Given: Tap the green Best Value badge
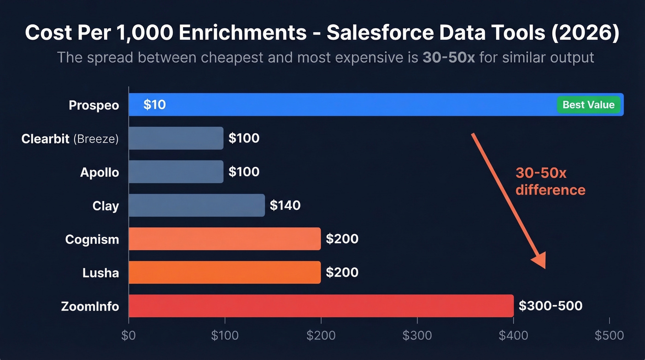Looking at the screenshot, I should tap(588, 105).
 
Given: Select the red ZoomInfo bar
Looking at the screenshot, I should tap(321, 306).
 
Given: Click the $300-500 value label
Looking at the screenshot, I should tap(550, 306).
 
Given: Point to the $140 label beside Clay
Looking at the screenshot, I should tap(285, 205).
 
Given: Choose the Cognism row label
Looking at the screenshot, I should tap(92, 239).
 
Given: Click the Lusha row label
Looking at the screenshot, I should tap(100, 273).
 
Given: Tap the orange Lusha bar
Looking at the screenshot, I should tap(224, 272).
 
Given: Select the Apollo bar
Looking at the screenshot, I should tap(176, 172).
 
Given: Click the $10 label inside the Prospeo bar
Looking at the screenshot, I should tap(154, 105).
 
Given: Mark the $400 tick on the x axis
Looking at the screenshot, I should tap(513, 336).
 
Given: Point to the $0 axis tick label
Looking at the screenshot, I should tap(129, 336).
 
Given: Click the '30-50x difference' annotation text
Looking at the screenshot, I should tap(550, 181).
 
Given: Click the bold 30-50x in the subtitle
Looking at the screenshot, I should tap(448, 58).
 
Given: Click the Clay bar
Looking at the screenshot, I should tap(197, 205).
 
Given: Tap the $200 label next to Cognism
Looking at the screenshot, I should tap(342, 239).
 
